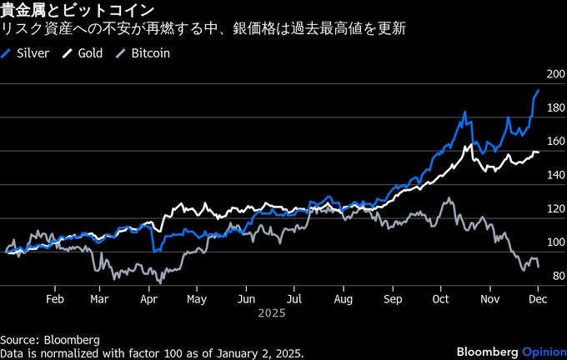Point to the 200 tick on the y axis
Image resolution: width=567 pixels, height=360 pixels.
pos(554,75)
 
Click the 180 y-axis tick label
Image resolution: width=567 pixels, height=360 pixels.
pos(554,108)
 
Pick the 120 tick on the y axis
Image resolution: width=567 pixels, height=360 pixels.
pos(554,209)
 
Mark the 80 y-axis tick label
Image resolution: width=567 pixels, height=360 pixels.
pos(556,276)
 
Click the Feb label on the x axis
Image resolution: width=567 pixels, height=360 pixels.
pos(55,297)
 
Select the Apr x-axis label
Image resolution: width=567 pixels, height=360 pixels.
pos(149,297)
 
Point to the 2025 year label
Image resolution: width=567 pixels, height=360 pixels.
pos(271,314)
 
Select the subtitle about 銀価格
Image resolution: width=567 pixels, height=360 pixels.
pos(204,30)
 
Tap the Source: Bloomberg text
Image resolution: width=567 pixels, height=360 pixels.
pos(50,340)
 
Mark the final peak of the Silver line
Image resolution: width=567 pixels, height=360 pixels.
pos(539,89)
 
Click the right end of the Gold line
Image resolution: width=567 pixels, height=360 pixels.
pos(539,152)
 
